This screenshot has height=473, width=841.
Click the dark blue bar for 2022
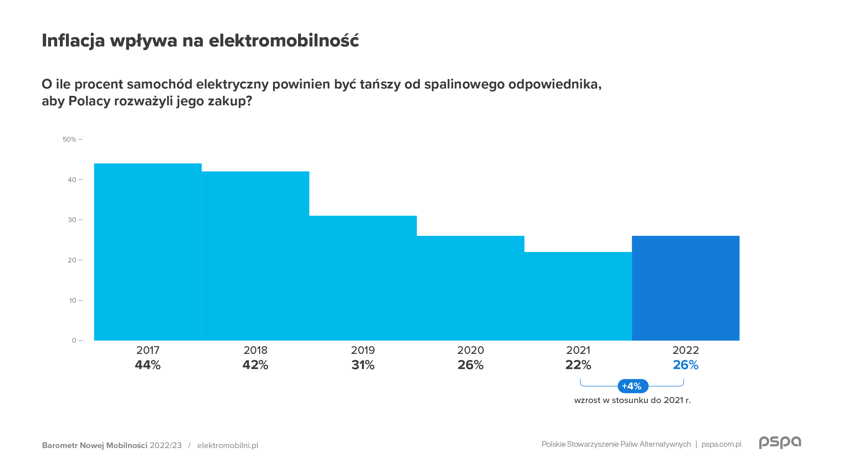[x=686, y=288]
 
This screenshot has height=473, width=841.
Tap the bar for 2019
[x=363, y=278]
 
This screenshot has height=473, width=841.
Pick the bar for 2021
[x=578, y=296]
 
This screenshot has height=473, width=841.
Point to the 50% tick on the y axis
[x=70, y=139]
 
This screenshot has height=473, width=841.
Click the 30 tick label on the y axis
[x=72, y=220]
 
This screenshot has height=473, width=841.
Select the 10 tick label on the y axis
[x=73, y=300]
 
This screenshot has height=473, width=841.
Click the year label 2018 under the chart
[x=255, y=350]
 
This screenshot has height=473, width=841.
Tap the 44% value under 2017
[x=148, y=365]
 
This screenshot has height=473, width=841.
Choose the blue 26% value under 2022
[x=686, y=365]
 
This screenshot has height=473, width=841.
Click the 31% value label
[x=363, y=365]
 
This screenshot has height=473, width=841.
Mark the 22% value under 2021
[x=578, y=365]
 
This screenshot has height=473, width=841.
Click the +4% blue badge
[x=632, y=386]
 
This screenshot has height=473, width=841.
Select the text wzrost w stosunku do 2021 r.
[x=632, y=400]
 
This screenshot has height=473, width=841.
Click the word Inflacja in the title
[x=73, y=41]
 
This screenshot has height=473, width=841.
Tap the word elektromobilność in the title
[x=284, y=41]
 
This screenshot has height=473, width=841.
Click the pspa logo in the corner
[x=780, y=442]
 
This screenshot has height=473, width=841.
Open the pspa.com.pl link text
[x=721, y=444]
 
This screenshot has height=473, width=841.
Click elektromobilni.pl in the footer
[x=228, y=445]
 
